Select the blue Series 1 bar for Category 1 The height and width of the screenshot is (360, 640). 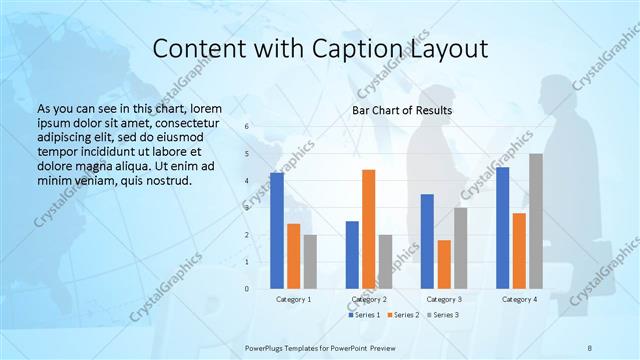point(276,230)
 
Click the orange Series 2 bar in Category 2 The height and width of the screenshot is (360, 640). point(368,229)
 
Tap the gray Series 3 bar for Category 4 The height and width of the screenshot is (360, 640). point(536,221)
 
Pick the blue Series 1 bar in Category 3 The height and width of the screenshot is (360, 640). point(427,241)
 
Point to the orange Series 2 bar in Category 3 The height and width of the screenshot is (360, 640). point(444,264)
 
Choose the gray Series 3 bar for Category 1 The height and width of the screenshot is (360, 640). point(310,261)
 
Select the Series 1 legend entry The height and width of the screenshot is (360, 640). point(365,314)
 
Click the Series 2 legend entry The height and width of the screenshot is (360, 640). point(404,314)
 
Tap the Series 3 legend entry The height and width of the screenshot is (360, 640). point(443,314)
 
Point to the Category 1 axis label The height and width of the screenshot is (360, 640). point(293,299)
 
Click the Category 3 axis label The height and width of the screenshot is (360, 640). point(444,299)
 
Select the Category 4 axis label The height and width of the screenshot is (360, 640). point(519,299)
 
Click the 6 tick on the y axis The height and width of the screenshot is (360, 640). point(246,126)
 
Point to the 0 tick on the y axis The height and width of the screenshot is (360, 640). point(246,289)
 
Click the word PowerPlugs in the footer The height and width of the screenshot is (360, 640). point(267,347)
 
